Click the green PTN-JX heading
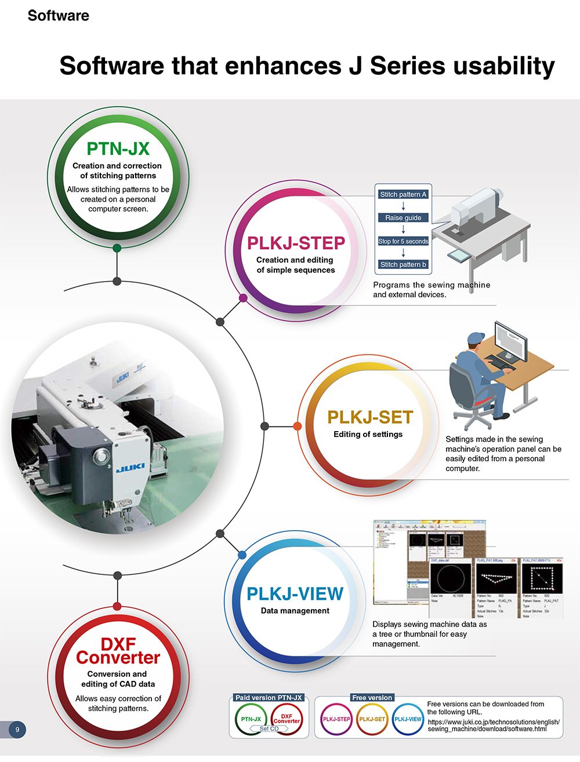pos(118,149)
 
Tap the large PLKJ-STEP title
pos(296,243)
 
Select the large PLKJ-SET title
pos(370,417)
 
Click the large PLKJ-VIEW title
pos(295,594)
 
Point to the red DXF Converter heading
pos(118,651)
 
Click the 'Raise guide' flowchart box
pos(403,218)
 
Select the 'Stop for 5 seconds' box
pos(403,241)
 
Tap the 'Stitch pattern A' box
pos(403,195)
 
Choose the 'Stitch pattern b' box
pos(403,264)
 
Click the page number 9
pos(17,730)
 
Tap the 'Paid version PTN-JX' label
pos(269,698)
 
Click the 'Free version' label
pos(372,698)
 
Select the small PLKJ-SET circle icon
pos(372,719)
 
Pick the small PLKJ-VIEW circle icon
pos(408,719)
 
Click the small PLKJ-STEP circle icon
pos(336,719)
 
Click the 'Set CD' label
pos(269,728)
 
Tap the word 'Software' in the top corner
pos(58,16)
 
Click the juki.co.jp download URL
pos(494,725)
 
